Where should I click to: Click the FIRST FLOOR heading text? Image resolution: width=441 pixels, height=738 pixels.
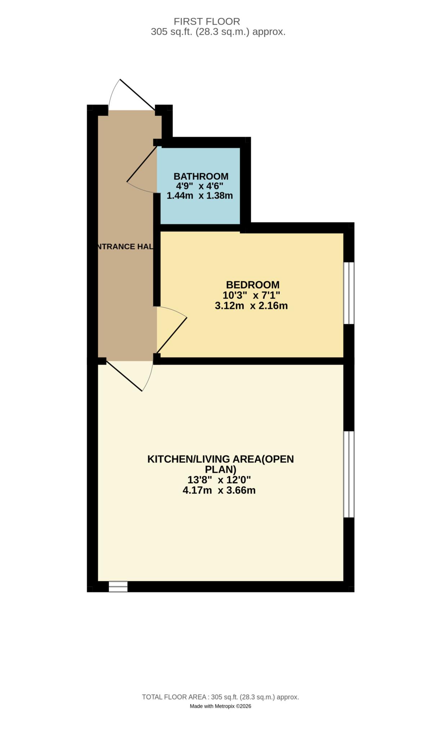(207, 21)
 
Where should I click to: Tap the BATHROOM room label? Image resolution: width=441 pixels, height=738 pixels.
(201, 176)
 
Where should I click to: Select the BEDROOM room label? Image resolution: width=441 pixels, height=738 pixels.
(252, 285)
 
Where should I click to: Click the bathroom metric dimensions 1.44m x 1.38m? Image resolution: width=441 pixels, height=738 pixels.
(200, 196)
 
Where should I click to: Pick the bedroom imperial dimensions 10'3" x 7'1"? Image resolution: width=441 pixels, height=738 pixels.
(251, 295)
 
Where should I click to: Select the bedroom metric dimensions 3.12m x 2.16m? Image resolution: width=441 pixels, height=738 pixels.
(251, 306)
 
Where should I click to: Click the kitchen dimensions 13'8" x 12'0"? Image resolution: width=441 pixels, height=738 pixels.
(219, 480)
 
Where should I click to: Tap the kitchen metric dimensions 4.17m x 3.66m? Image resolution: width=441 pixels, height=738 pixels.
(219, 490)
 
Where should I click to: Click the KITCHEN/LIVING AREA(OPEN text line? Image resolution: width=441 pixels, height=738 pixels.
(220, 459)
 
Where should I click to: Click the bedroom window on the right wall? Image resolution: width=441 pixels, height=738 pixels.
(348, 293)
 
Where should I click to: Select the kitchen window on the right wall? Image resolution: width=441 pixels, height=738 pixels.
(348, 474)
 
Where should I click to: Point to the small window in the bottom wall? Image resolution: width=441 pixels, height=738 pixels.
(118, 586)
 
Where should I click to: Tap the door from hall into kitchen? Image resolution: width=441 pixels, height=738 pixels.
(130, 375)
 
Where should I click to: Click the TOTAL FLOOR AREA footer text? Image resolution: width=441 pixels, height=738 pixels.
(220, 697)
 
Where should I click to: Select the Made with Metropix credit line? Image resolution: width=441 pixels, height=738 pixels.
(220, 706)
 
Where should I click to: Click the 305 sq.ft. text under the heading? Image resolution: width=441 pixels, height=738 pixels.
(218, 32)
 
